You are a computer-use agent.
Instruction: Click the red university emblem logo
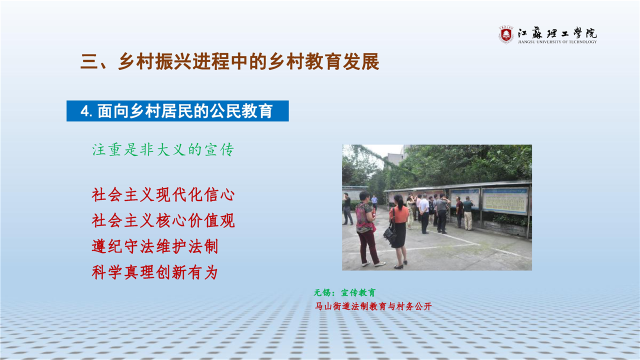tap(506, 35)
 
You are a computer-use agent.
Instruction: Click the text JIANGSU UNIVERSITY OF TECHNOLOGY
tap(557, 42)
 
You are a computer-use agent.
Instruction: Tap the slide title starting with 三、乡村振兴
tap(229, 61)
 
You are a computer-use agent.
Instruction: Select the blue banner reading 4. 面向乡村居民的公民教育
tap(177, 111)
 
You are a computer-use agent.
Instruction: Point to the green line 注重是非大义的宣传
tap(163, 149)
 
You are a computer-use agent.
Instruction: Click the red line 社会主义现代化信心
tap(163, 195)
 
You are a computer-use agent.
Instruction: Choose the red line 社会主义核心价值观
tap(163, 220)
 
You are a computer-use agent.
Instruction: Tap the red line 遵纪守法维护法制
tap(155, 246)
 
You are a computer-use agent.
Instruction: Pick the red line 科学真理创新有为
tap(155, 272)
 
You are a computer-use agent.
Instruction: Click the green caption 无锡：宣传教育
tap(344, 292)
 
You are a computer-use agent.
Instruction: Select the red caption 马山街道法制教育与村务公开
tap(373, 306)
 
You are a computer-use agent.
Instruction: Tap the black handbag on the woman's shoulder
tap(389, 234)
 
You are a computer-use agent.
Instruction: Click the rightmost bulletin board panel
tap(505, 200)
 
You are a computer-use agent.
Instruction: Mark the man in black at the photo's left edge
tap(347, 209)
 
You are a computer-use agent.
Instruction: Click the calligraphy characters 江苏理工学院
tap(557, 33)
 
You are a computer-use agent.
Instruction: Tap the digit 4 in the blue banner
tap(84, 111)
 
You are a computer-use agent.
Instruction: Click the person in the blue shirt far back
tap(374, 201)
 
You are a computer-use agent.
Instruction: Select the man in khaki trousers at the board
tap(468, 213)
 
